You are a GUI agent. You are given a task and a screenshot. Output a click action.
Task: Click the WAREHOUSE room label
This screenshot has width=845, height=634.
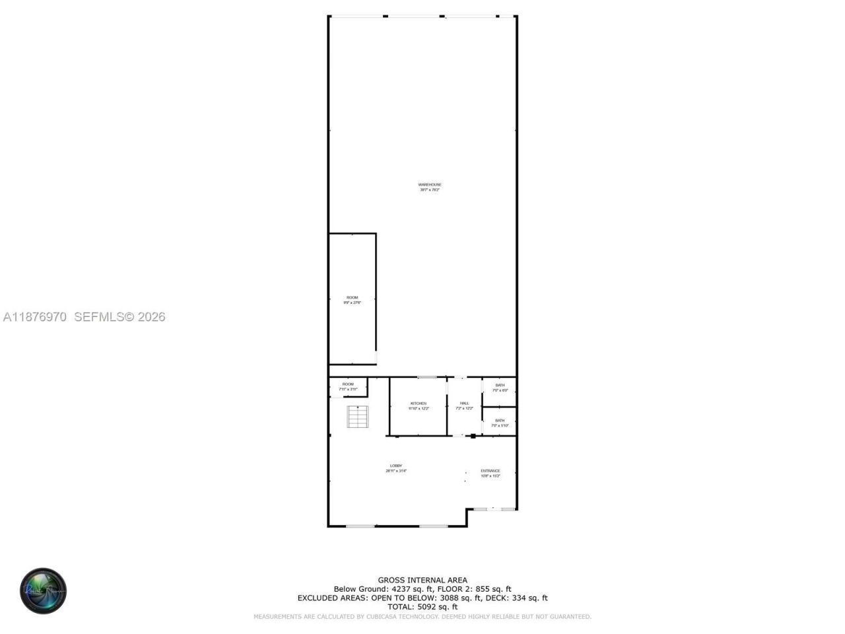tap(430, 184)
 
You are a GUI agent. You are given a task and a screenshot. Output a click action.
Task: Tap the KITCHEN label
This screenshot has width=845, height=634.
tap(419, 404)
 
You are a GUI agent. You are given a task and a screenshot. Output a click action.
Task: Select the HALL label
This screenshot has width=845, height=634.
tap(465, 404)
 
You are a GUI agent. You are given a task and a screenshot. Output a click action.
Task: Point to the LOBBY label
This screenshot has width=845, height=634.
tap(396, 466)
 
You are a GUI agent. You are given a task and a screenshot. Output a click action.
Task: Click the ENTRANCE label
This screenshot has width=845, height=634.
tap(490, 471)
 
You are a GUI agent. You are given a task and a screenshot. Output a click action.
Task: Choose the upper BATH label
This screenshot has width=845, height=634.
tap(500, 385)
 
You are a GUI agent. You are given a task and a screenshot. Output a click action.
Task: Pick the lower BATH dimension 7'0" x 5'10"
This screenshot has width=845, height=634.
tap(500, 426)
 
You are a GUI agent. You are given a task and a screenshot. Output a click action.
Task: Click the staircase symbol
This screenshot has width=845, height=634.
tap(358, 417)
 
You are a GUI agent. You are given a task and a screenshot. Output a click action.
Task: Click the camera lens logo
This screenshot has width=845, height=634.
tap(44, 590)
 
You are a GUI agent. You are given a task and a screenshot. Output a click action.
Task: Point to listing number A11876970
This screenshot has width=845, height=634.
tap(35, 317)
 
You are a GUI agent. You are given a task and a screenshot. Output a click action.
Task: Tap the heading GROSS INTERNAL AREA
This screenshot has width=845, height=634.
tap(422, 581)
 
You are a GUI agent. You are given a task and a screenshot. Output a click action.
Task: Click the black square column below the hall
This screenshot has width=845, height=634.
tap(473, 436)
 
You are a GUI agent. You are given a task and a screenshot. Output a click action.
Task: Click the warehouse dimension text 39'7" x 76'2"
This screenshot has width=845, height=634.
tap(430, 190)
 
